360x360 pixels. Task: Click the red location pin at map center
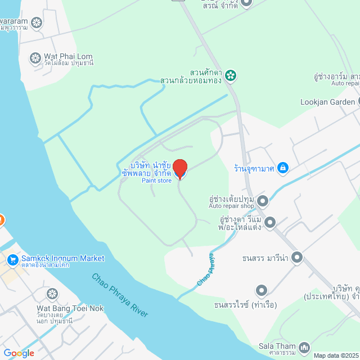(179, 168)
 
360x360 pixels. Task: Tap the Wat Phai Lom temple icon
(35, 58)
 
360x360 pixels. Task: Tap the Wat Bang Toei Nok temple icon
(52, 294)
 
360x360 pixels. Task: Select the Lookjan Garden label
(328, 102)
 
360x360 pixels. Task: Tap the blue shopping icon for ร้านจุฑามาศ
(283, 167)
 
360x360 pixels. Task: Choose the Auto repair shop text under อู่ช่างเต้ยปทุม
(232, 206)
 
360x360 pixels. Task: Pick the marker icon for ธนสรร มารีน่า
(297, 258)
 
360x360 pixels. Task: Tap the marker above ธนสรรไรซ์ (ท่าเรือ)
(261, 291)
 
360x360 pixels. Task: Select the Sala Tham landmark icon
(304, 348)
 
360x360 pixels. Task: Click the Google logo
(19, 353)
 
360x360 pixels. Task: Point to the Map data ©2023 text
(335, 355)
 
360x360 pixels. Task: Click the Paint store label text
(156, 181)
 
